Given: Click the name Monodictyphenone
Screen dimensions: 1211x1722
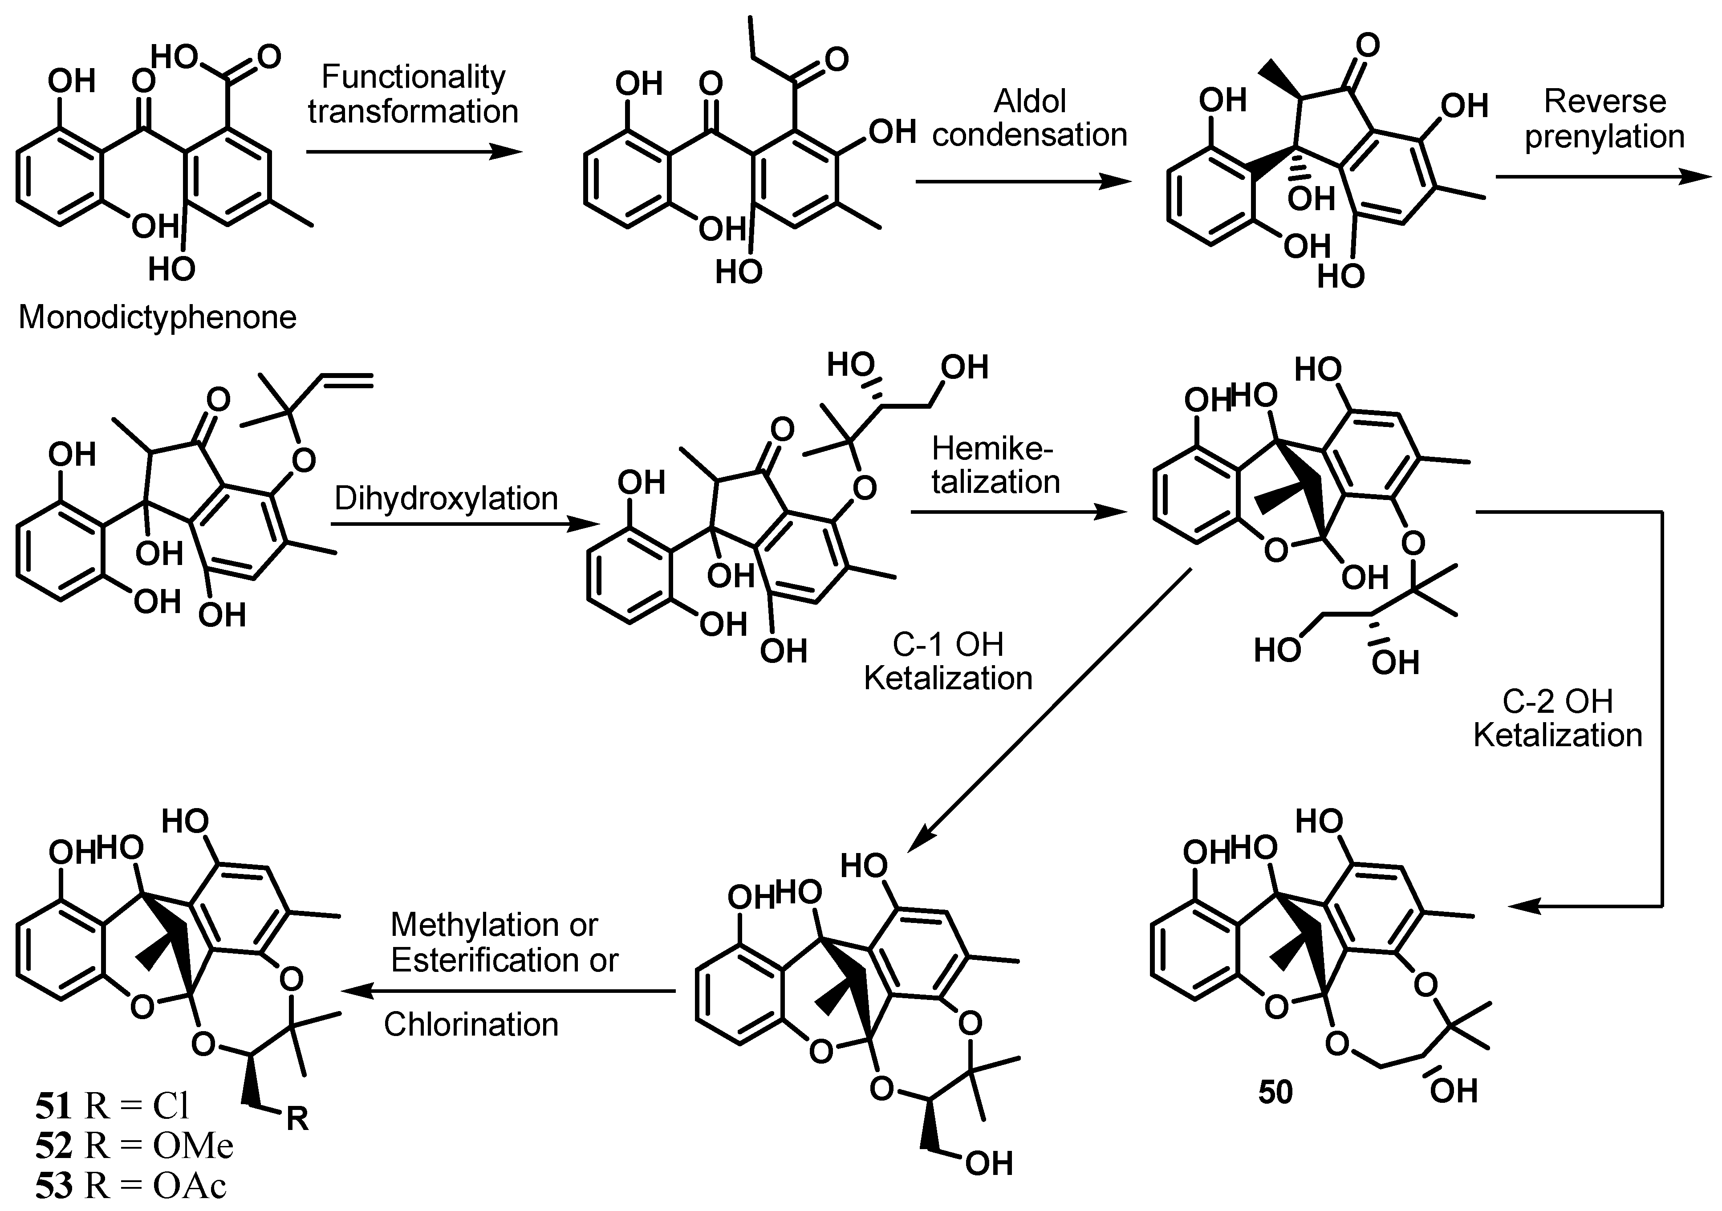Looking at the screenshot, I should tap(158, 317).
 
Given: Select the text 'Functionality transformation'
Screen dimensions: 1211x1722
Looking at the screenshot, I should tap(413, 94).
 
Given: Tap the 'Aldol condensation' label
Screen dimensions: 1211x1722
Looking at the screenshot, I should tap(1030, 118).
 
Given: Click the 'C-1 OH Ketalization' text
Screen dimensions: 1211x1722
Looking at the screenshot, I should tap(948, 661).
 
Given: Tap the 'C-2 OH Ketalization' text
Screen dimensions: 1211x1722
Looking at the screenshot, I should tap(1558, 718).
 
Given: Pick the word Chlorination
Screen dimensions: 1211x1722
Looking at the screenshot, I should tap(471, 1024).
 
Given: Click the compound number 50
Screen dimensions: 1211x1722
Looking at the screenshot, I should tap(1275, 1093).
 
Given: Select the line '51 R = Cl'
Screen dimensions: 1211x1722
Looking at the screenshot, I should tap(113, 1105).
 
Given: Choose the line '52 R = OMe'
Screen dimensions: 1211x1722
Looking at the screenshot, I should tap(134, 1146).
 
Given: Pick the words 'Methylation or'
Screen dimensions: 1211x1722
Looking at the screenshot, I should tap(494, 925).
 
